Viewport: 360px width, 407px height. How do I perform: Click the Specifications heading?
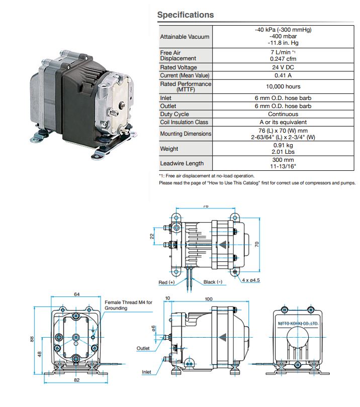pos(186,15)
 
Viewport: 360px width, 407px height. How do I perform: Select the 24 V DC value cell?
pos(283,67)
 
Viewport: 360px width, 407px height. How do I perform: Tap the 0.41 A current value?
pos(283,75)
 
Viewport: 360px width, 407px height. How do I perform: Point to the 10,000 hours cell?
pos(283,86)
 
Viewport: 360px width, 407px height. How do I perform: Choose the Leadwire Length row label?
pos(182,163)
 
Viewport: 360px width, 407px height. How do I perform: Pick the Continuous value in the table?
pos(283,114)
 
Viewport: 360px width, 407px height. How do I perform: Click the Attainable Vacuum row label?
pos(185,37)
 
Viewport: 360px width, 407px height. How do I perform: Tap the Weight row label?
pos(169,149)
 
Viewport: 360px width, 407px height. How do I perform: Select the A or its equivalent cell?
pos(283,122)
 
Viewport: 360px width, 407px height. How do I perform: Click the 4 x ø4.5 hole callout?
pos(251,280)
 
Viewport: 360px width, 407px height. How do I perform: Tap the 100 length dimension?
pos(208,299)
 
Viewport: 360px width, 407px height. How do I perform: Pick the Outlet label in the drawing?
pos(143,348)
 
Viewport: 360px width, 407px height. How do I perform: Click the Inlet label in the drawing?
pos(146,372)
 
